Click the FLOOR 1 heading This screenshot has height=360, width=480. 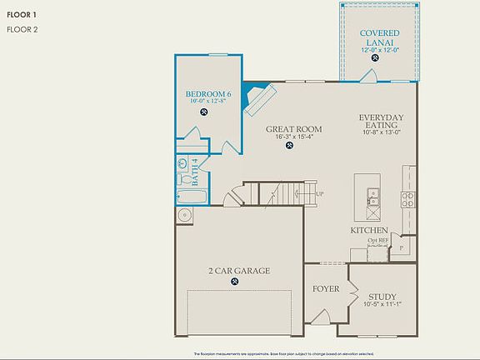[x=22, y=14]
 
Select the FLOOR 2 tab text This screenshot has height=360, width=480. [x=22, y=30]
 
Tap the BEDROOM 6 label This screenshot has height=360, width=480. [x=208, y=94]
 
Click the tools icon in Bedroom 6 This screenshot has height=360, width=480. [x=204, y=112]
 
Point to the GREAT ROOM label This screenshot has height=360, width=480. [x=294, y=129]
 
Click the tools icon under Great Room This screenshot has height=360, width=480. [x=289, y=146]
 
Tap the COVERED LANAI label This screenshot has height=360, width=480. [x=379, y=37]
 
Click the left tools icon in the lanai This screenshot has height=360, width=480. [x=375, y=58]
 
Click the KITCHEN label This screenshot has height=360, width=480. [x=368, y=230]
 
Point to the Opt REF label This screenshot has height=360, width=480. [x=378, y=241]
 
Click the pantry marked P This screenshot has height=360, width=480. [x=404, y=247]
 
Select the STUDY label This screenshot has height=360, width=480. [x=382, y=297]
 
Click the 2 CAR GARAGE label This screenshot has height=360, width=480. [x=235, y=271]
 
